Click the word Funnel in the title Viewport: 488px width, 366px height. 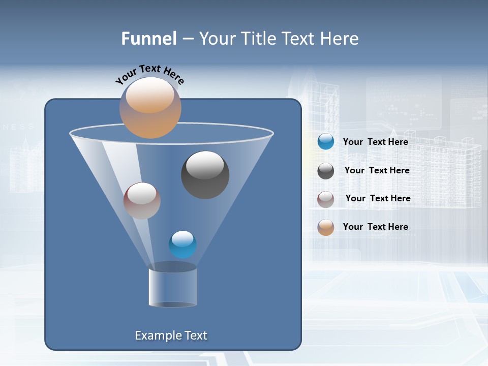149,39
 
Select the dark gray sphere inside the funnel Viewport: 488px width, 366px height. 205,175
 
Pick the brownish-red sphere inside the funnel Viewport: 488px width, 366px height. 142,201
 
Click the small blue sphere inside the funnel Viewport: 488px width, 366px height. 182,245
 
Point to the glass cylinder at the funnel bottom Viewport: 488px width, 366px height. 172,287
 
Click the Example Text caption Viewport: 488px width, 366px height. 171,335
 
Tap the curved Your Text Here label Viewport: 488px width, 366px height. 150,74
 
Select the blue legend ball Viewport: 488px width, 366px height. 326,142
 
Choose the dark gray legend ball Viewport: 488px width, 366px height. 326,171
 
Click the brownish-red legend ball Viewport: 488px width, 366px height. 326,199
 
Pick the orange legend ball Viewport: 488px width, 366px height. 326,227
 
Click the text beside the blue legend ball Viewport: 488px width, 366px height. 376,142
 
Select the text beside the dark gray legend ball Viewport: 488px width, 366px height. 377,171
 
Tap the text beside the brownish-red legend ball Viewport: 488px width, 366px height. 378,199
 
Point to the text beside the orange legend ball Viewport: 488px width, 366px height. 376,227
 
